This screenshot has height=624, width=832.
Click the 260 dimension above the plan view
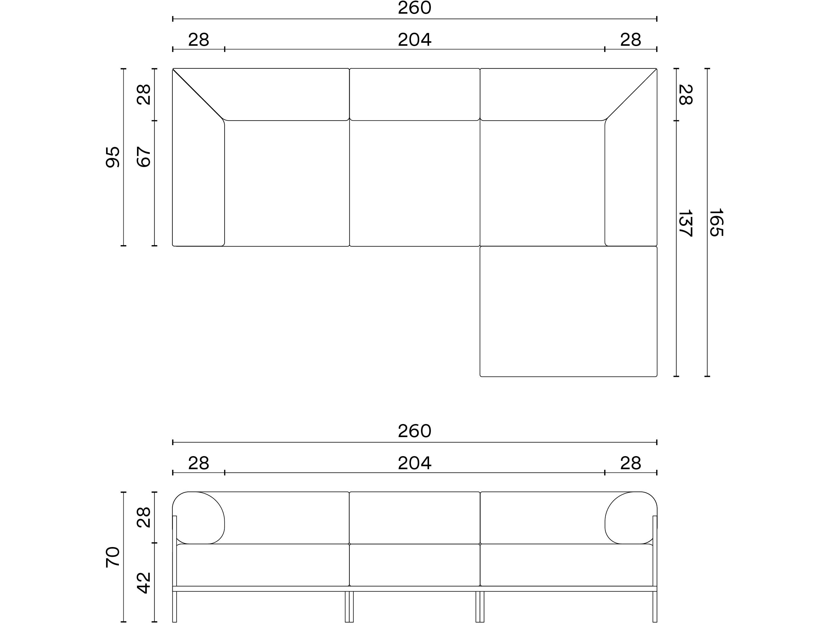[x=414, y=8]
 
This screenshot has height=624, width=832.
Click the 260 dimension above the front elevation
[x=414, y=431]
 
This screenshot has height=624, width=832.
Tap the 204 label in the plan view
[x=414, y=40]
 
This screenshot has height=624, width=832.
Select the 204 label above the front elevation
[x=414, y=463]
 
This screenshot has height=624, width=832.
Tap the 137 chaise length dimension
[x=685, y=223]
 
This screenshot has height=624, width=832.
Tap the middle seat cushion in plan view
[x=414, y=183]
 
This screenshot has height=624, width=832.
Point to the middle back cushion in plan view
[x=414, y=94]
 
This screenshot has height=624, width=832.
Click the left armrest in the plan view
[x=198, y=177]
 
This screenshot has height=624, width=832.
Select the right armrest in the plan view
[x=631, y=177]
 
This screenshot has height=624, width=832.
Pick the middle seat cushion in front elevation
[x=414, y=565]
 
